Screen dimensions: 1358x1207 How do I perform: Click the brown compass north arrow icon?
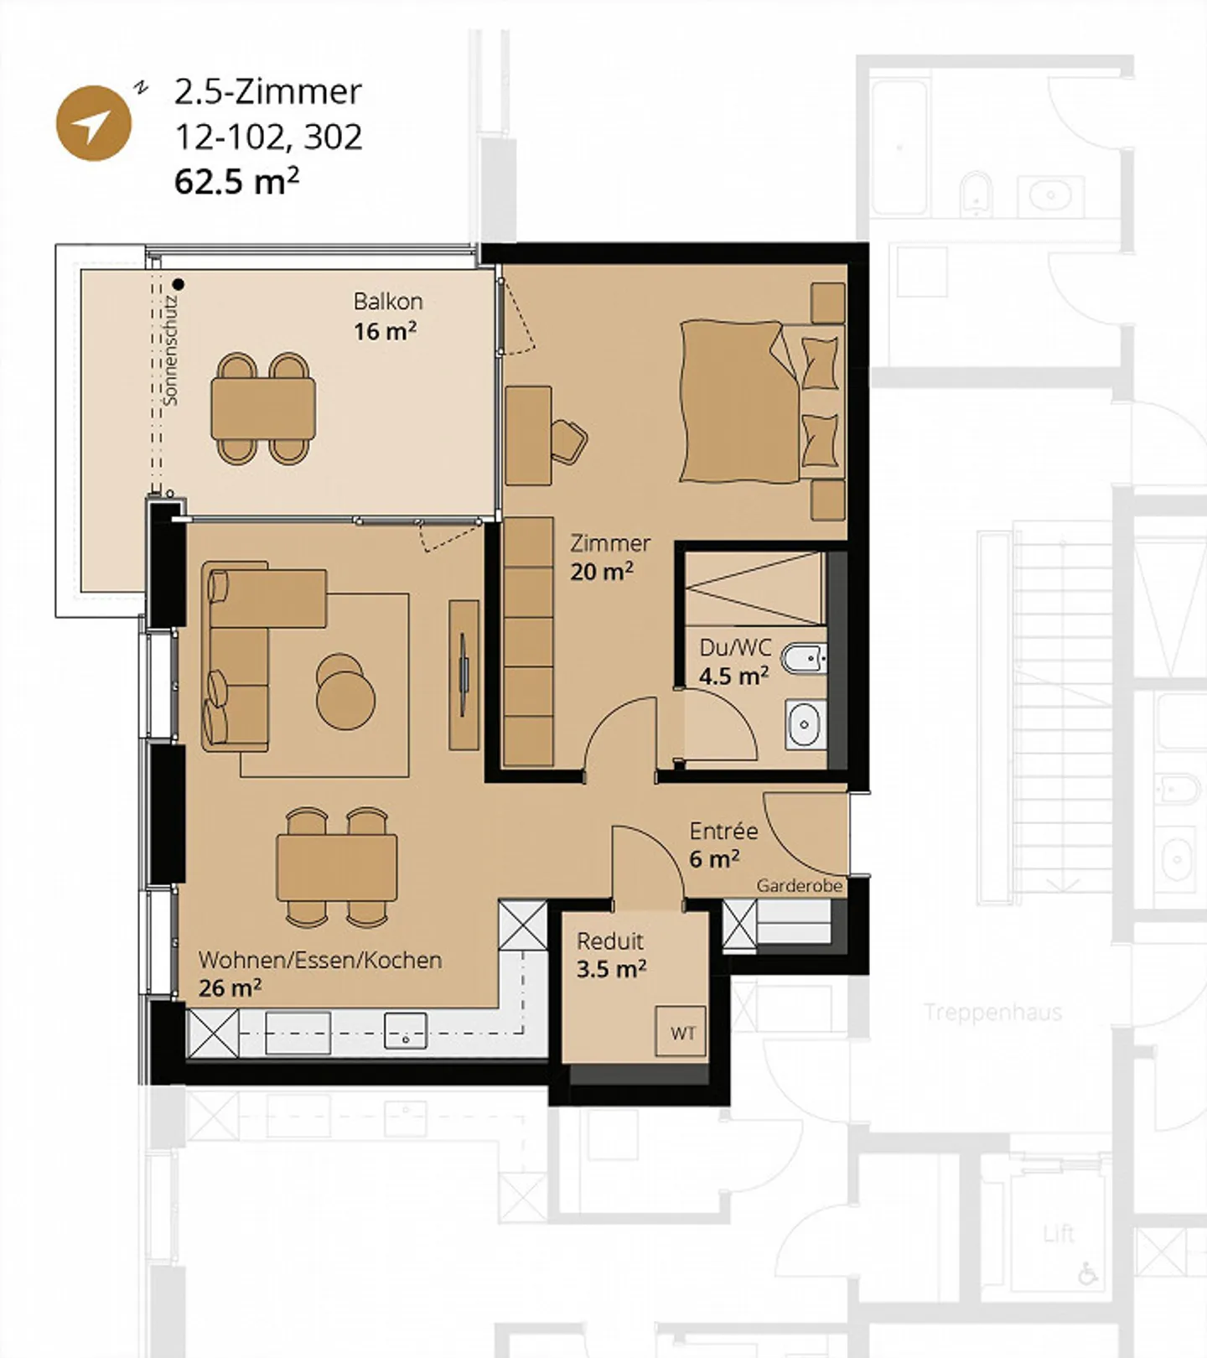[93, 123]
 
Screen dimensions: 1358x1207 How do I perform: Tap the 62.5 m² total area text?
[236, 181]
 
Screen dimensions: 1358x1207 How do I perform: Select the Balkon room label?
[387, 301]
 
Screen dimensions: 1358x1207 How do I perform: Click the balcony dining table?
[263, 408]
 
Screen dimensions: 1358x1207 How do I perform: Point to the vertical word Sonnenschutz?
[171, 350]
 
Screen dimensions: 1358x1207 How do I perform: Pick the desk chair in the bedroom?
[569, 441]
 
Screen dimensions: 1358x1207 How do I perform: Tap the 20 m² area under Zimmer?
[601, 572]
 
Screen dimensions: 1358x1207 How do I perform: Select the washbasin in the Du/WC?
[805, 724]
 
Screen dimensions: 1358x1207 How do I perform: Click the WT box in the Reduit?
[681, 1033]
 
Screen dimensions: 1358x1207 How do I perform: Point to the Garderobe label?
[799, 886]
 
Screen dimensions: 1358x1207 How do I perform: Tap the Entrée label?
[723, 831]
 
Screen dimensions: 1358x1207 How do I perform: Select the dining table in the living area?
[336, 868]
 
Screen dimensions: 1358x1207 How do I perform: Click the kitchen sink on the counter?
[405, 1030]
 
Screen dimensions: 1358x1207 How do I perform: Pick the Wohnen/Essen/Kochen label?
[319, 960]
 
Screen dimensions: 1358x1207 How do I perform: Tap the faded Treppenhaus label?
[992, 1012]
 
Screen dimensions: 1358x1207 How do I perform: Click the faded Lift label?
[1059, 1233]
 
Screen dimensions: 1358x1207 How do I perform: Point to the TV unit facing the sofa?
[464, 674]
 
